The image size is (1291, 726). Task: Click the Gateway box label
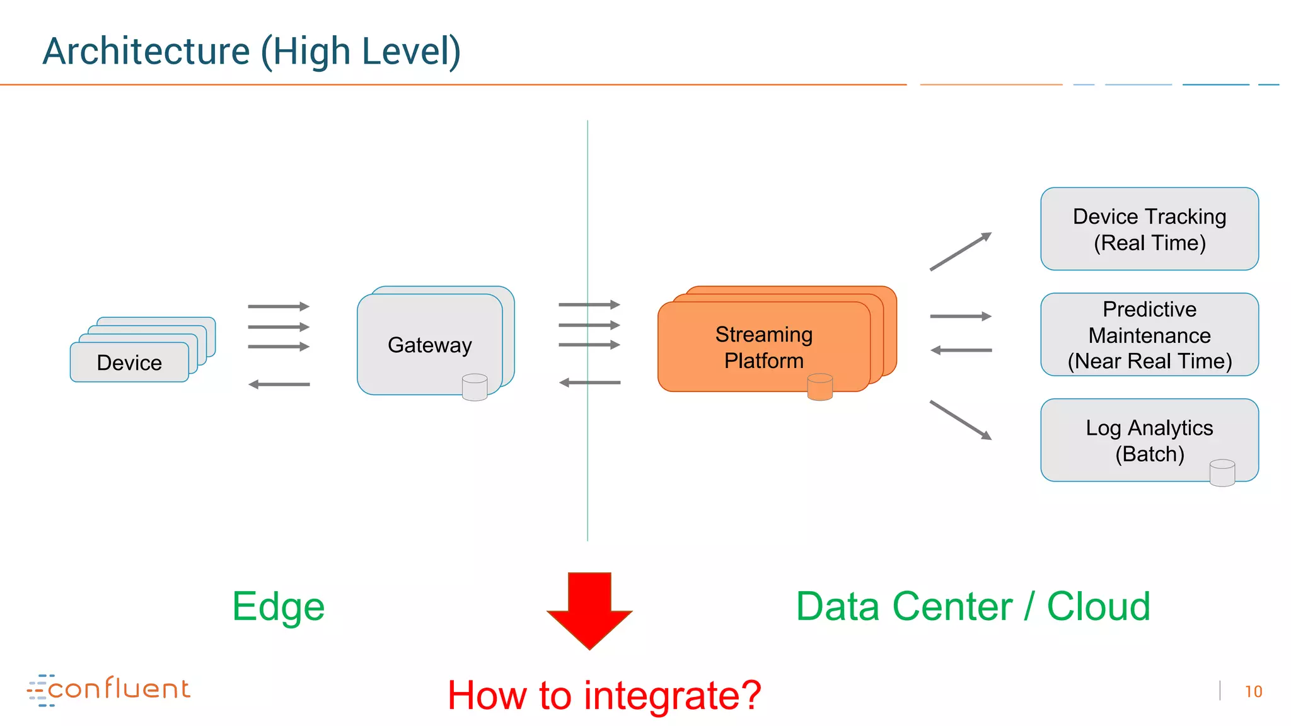click(429, 345)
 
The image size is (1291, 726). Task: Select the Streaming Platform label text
click(763, 347)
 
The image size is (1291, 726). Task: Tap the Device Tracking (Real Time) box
click(1149, 229)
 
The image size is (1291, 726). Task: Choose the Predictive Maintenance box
click(1149, 335)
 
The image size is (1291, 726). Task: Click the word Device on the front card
click(129, 363)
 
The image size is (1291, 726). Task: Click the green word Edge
click(278, 606)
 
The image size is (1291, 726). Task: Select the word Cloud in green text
click(1098, 606)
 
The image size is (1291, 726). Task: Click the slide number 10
click(1253, 692)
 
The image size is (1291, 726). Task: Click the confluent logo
click(108, 689)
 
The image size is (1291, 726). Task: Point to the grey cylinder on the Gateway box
click(474, 387)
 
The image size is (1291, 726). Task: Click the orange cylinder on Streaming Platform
click(819, 386)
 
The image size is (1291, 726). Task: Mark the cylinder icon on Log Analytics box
click(1222, 472)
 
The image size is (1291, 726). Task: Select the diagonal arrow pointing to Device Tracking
click(960, 251)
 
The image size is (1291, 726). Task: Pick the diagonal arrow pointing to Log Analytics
click(960, 420)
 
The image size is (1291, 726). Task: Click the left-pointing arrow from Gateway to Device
click(279, 384)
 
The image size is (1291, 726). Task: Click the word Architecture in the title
click(146, 51)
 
